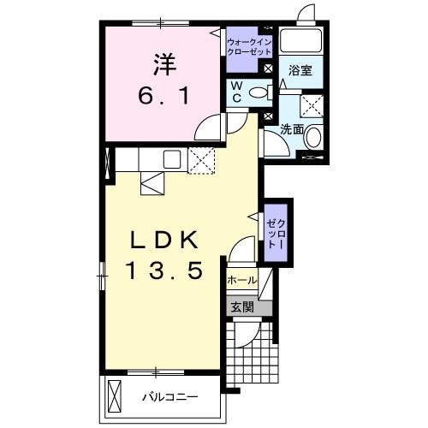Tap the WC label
tap(234, 91)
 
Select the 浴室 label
tap(300, 70)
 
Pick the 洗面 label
tap(292, 130)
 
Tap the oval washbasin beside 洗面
tap(313, 137)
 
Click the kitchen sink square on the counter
tap(170, 158)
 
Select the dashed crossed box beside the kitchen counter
tap(202, 161)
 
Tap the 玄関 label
tap(241, 306)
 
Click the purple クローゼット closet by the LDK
tap(276, 229)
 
